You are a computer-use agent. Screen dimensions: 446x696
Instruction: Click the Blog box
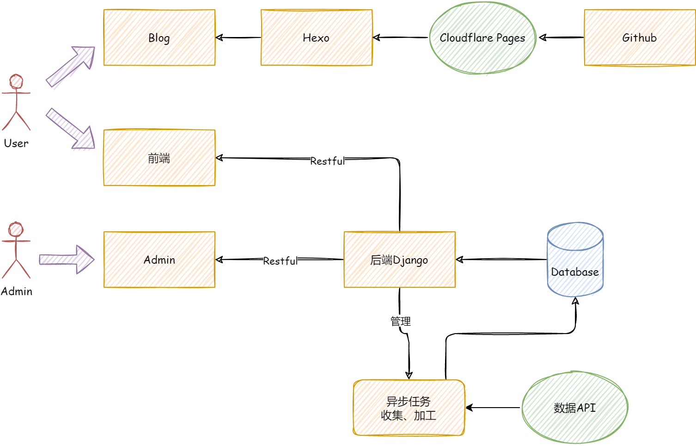click(159, 37)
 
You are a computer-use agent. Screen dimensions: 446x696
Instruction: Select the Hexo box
click(317, 37)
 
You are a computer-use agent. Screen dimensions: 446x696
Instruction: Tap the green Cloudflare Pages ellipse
click(482, 38)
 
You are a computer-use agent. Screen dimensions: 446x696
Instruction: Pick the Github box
click(640, 37)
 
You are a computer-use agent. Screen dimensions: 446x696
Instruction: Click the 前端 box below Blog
click(159, 158)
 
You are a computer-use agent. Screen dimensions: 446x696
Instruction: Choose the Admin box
click(159, 260)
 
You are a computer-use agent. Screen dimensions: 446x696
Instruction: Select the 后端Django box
click(400, 260)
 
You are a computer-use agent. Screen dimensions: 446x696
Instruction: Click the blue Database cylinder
click(575, 260)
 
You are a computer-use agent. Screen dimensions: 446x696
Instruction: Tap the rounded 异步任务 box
click(409, 408)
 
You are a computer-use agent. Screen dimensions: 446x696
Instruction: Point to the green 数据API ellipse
click(575, 407)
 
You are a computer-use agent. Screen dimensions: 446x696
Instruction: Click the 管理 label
click(401, 321)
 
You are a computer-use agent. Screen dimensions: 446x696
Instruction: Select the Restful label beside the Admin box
click(281, 261)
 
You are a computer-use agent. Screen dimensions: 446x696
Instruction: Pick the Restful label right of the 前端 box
click(328, 161)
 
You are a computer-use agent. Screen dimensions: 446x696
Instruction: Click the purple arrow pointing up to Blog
click(70, 68)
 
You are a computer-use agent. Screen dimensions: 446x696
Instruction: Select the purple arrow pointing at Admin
click(67, 260)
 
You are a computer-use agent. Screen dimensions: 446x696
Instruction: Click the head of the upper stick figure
click(17, 81)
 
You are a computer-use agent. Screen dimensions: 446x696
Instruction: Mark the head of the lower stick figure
click(16, 229)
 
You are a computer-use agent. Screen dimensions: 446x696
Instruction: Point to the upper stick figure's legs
click(16, 121)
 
